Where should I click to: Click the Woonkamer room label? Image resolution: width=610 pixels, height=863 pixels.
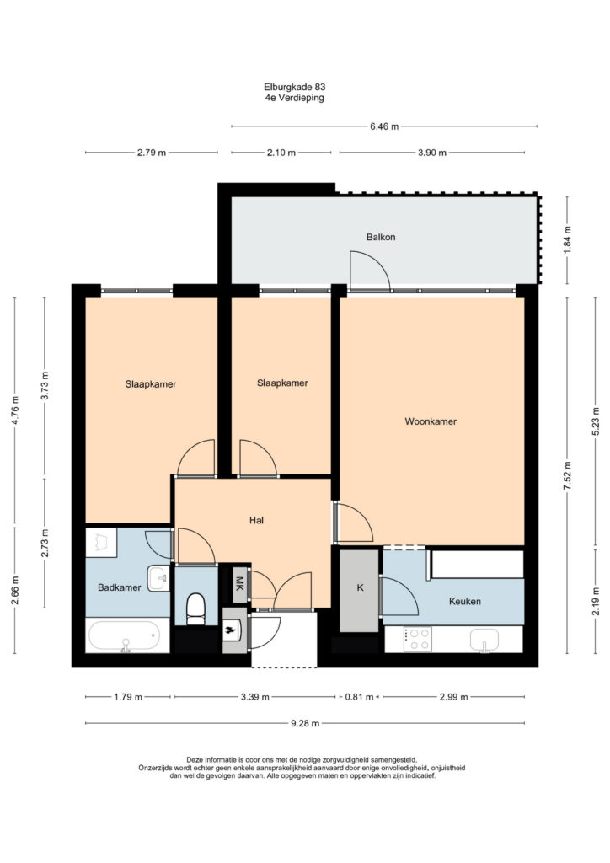[x=431, y=421]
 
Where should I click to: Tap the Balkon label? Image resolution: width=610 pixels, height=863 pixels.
[x=381, y=237]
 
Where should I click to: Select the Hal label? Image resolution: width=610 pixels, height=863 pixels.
[x=256, y=520]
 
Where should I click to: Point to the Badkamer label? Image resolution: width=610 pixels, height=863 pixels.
[x=120, y=587]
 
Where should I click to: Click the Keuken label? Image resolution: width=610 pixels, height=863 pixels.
[x=465, y=601]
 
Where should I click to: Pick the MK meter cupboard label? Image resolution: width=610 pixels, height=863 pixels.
[x=239, y=583]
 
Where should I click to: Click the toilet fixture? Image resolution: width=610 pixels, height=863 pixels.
[x=195, y=609]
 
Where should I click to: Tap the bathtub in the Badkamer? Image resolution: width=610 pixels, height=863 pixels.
[x=128, y=636]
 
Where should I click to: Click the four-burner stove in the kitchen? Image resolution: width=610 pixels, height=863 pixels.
[x=418, y=640]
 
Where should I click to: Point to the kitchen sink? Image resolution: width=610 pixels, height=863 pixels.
[x=484, y=641]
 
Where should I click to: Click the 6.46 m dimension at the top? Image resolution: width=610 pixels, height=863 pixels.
[x=384, y=126]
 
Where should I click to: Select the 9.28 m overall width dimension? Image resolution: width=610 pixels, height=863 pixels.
[x=305, y=723]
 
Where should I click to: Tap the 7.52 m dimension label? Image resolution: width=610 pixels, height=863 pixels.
[x=568, y=479]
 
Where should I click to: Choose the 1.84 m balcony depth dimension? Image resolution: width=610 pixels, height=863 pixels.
[x=568, y=240]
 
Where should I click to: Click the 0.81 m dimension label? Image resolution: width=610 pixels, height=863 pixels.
[x=359, y=697]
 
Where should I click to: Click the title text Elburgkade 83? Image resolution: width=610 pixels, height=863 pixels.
[x=295, y=87]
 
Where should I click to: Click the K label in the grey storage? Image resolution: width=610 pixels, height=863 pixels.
[x=361, y=587]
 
